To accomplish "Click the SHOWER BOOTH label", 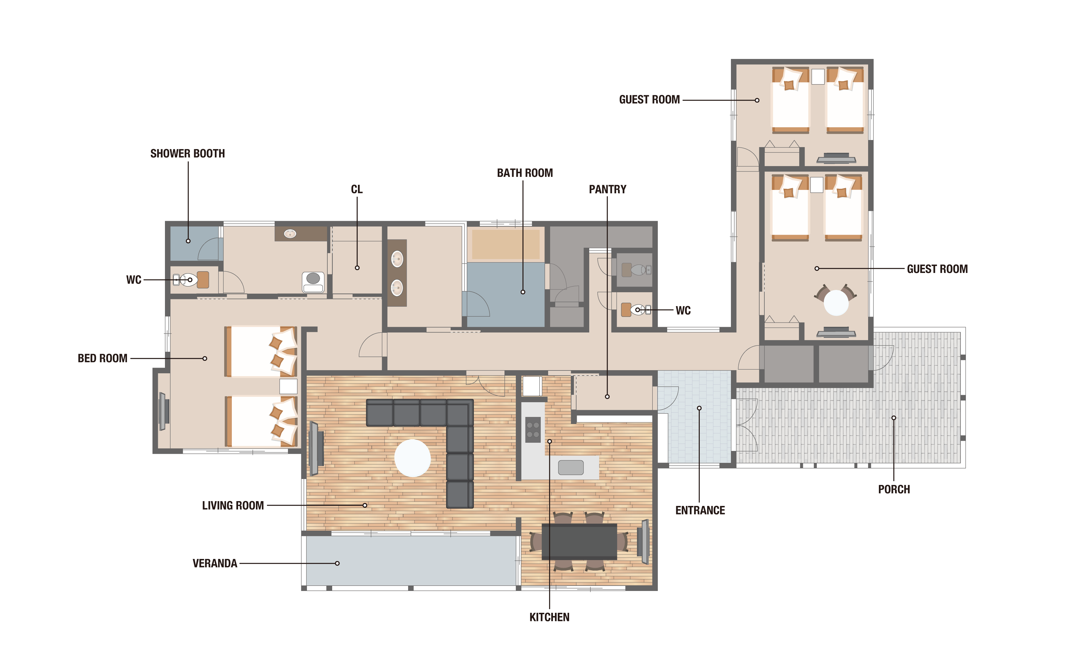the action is pyautogui.click(x=188, y=154).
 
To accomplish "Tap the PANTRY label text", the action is pyautogui.click(x=607, y=189).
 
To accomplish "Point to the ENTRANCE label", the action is pyautogui.click(x=700, y=510).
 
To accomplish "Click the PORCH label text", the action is pyautogui.click(x=894, y=489).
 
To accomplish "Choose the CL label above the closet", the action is pyautogui.click(x=357, y=189).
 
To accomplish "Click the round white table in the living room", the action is pyautogui.click(x=412, y=458).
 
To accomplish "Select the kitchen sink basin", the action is pyautogui.click(x=571, y=467).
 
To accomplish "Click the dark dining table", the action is pyautogui.click(x=579, y=542).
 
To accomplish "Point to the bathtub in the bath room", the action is pyautogui.click(x=506, y=244).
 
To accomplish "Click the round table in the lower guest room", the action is pyautogui.click(x=836, y=303).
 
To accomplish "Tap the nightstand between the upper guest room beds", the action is pyautogui.click(x=818, y=76).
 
